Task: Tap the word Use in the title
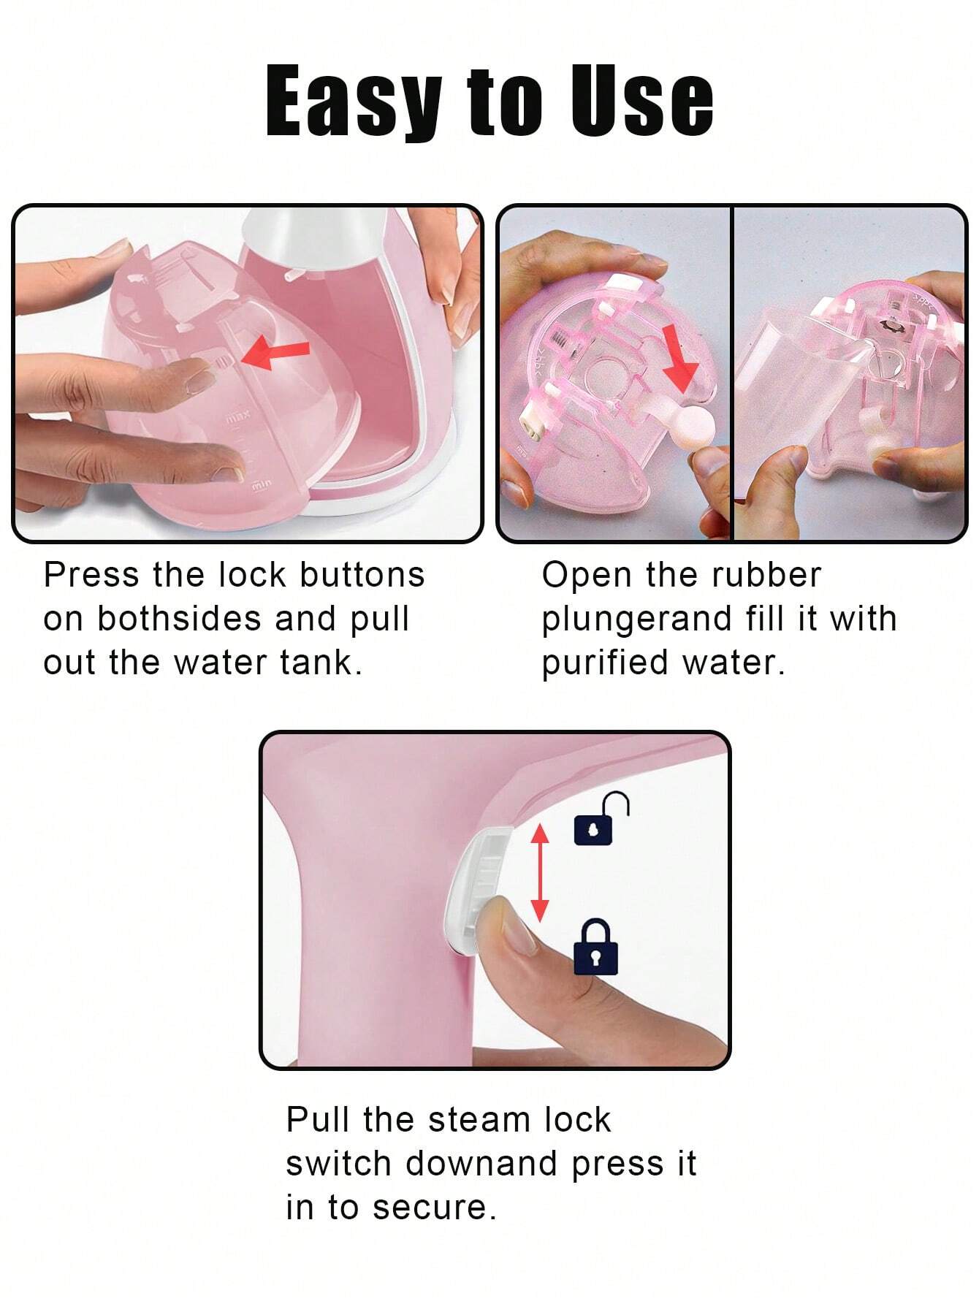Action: (x=641, y=100)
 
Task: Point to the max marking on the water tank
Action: (x=237, y=416)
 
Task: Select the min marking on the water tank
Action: (x=262, y=484)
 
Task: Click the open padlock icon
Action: (x=601, y=819)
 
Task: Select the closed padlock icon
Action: (x=595, y=947)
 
